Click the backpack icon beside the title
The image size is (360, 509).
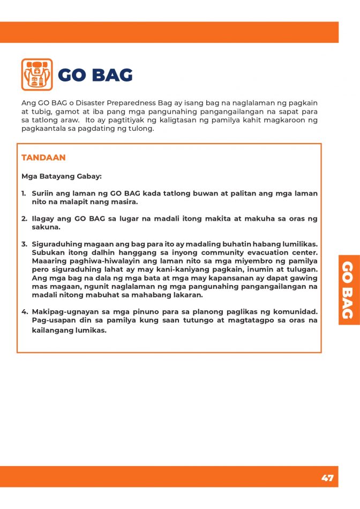tap(37, 74)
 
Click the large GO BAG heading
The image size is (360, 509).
tap(95, 76)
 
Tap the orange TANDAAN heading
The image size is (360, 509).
tap(43, 158)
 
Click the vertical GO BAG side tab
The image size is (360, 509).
tap(348, 289)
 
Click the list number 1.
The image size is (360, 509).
tap(24, 193)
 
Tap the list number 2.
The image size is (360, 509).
tap(24, 219)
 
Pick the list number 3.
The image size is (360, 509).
tap(24, 244)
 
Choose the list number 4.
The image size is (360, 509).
tap(24, 312)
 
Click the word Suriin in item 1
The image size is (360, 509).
tap(42, 193)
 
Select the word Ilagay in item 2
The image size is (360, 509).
tap(42, 219)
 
